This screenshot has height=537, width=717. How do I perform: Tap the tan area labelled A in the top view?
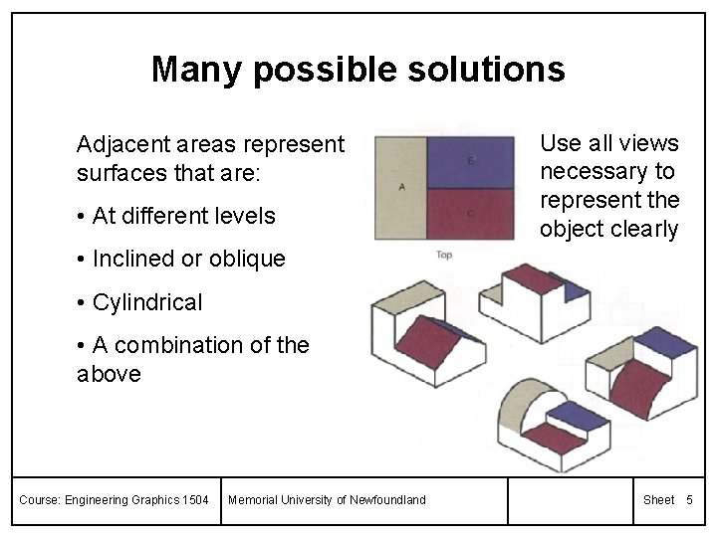coord(400,186)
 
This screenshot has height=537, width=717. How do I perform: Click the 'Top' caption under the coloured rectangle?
coord(444,256)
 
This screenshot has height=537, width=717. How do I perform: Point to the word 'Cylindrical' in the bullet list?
coord(146,302)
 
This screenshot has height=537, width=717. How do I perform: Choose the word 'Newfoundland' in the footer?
coord(383,499)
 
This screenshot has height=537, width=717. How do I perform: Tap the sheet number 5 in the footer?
coord(688,499)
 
